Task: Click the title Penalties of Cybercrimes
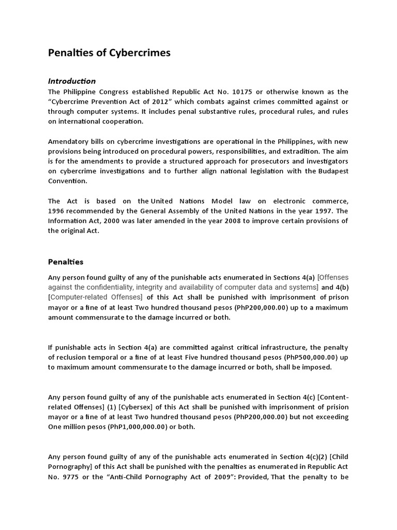[109, 53]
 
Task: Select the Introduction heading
[72, 81]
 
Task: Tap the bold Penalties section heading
[66, 262]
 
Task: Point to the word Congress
[112, 92]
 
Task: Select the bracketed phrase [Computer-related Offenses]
[95, 297]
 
